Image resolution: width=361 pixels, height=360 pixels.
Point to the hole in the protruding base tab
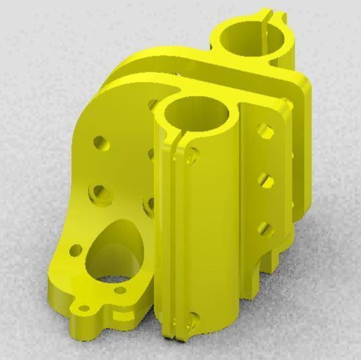click(85, 310)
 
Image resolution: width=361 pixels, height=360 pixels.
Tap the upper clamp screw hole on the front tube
click(192, 156)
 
